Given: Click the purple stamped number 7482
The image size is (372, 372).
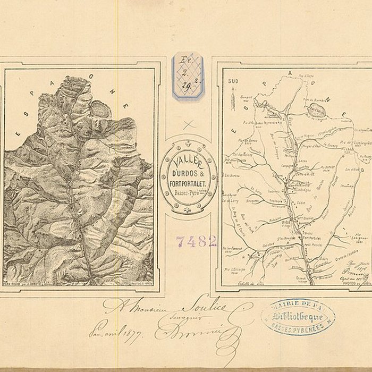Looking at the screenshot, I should [196, 241].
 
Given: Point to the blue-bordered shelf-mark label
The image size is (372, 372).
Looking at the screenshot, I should [188, 75].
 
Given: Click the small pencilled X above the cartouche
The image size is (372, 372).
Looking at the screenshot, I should [188, 125].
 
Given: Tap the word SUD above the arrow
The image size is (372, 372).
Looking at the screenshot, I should [230, 81].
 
